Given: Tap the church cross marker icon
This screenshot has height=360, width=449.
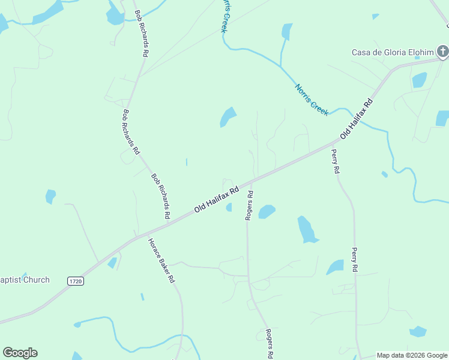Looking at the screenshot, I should tap(443, 52).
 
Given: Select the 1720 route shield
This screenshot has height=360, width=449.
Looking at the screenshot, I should tap(75, 281).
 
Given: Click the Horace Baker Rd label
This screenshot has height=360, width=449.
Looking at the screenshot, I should tap(161, 260).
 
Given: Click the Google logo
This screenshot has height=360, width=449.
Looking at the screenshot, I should tap(20, 353).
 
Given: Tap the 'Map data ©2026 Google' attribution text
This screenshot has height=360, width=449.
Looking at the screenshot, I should tap(412, 355).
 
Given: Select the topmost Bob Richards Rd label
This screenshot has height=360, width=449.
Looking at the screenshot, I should tap(142, 34).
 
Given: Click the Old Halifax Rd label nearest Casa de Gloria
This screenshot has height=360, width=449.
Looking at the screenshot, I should tap(357, 119).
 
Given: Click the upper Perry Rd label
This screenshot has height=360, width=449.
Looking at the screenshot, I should tap(336, 161).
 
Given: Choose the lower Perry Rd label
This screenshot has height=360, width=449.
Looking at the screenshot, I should tap(355, 260).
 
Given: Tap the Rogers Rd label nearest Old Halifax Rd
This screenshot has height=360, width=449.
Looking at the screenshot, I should tap(249, 206).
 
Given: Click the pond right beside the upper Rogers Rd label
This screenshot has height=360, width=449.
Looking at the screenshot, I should tap(267, 211).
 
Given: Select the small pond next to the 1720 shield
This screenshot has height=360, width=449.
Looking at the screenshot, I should tap(112, 263).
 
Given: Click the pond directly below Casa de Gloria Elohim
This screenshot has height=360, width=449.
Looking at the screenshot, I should tap(420, 80).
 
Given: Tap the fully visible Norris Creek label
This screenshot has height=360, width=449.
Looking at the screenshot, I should tap(312, 100).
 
